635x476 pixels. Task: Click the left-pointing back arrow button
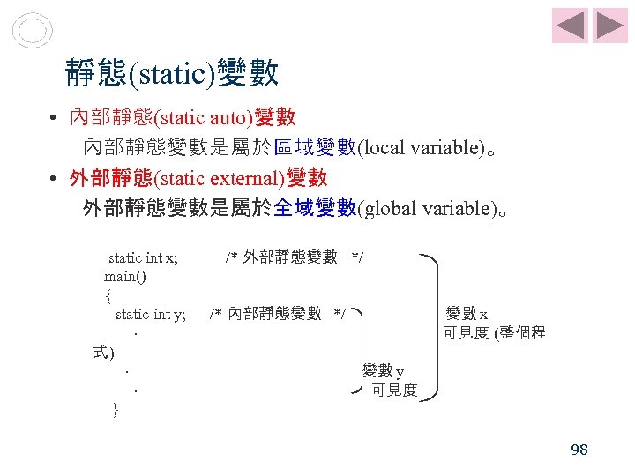(x=570, y=26)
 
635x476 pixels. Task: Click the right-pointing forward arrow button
(x=609, y=26)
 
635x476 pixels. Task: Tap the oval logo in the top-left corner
(x=34, y=31)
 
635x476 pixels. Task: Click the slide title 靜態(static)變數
(x=173, y=74)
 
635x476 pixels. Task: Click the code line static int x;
(x=143, y=257)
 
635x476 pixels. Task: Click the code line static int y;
(x=151, y=314)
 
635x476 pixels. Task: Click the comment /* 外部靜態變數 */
(x=295, y=257)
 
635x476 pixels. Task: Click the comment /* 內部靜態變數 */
(x=279, y=314)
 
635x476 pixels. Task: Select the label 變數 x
(x=473, y=314)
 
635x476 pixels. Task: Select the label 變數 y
(x=384, y=371)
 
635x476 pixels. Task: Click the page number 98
(x=579, y=450)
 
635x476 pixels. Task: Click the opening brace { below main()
(x=108, y=295)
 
